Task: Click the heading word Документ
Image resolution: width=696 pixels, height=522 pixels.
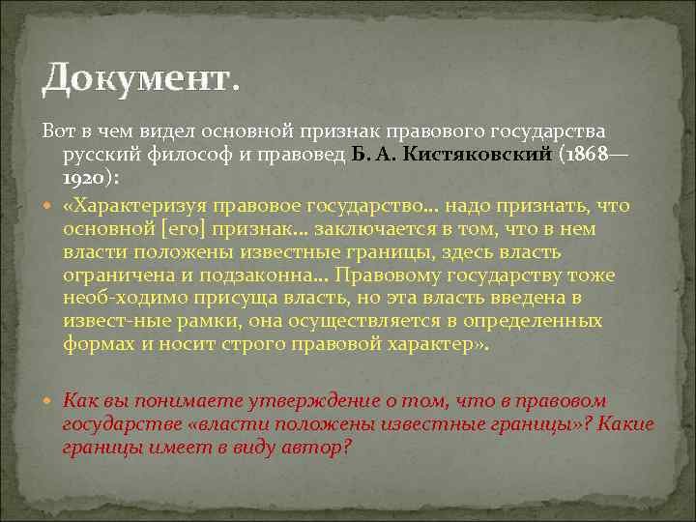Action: tap(137, 77)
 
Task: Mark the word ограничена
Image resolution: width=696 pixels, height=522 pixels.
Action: tap(114, 276)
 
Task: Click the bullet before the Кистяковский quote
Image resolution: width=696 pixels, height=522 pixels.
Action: tap(49, 205)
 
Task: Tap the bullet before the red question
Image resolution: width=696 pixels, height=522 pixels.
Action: tap(49, 400)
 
